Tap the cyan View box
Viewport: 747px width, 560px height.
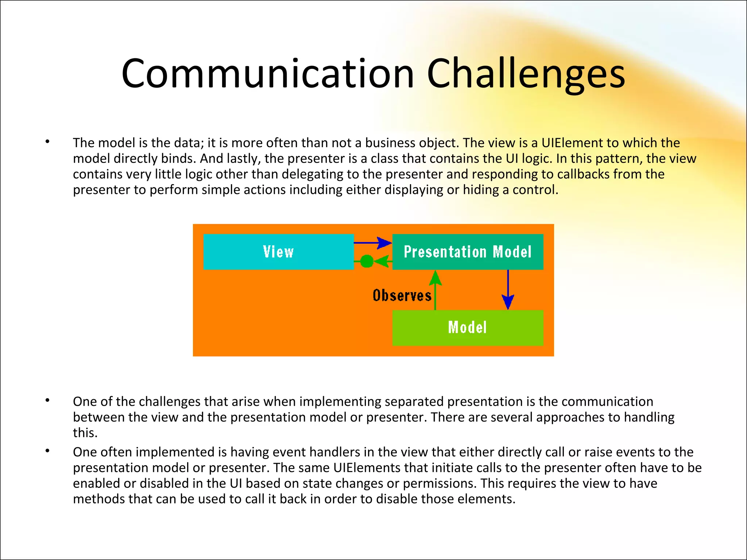pyautogui.click(x=278, y=252)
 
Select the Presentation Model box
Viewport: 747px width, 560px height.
pyautogui.click(x=468, y=252)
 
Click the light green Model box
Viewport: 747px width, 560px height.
pyautogui.click(x=468, y=327)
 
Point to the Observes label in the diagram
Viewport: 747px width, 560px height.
pyautogui.click(x=402, y=295)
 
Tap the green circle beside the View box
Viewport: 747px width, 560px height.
pyautogui.click(x=367, y=261)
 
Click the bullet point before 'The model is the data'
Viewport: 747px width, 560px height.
pyautogui.click(x=47, y=142)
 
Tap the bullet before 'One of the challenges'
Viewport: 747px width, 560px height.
pyautogui.click(x=47, y=401)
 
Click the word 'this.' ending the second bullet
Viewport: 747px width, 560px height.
pyautogui.click(x=85, y=433)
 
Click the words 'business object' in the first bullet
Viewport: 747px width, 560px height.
pyautogui.click(x=411, y=143)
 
